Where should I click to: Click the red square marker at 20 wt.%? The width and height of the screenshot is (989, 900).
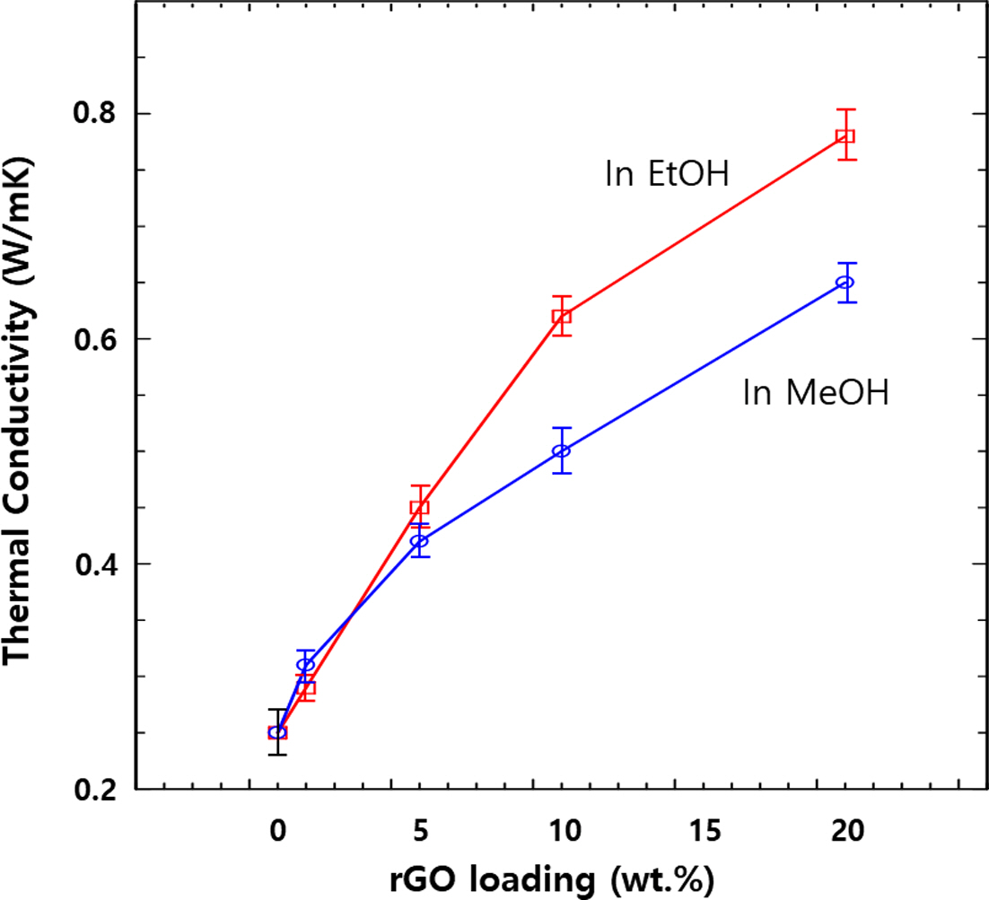[x=845, y=136]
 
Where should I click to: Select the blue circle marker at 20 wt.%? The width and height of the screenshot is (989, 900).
[x=845, y=283]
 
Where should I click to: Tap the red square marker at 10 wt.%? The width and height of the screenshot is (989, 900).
[x=562, y=316]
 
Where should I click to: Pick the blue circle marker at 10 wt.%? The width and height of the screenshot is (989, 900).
[x=562, y=450]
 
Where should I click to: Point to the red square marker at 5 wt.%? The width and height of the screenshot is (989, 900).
[x=419, y=507]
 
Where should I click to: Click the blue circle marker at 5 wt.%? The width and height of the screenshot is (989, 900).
[x=419, y=541]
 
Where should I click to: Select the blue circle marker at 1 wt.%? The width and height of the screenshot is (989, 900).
[x=306, y=665]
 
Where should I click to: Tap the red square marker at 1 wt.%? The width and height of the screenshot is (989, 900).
[x=306, y=689]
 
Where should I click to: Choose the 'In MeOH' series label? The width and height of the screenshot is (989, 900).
[x=816, y=393]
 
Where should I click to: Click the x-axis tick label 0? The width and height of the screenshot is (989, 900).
[x=278, y=831]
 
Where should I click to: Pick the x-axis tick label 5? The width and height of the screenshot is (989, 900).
[x=419, y=831]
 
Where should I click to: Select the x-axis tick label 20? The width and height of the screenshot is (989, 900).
[x=845, y=831]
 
